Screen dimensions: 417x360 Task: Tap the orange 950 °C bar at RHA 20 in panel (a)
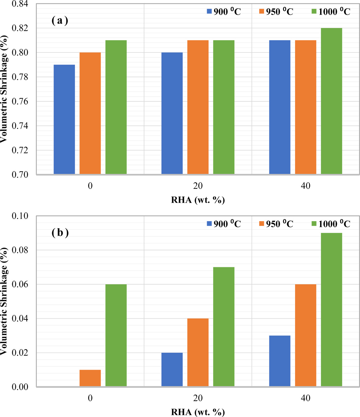click(x=198, y=107)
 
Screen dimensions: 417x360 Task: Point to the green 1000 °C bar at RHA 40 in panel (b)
click(x=331, y=310)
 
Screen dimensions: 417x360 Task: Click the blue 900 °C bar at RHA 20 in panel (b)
click(x=172, y=370)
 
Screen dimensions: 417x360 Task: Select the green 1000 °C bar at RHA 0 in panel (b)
click(x=116, y=335)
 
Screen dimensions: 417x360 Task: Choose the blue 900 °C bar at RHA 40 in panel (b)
click(x=280, y=361)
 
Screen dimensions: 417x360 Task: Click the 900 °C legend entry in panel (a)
click(x=224, y=12)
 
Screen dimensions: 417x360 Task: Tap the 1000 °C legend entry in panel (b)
click(x=331, y=224)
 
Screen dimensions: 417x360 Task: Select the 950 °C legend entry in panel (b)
click(x=276, y=224)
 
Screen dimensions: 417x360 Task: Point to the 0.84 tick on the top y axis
click(x=20, y=4)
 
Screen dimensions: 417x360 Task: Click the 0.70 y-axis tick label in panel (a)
click(x=20, y=175)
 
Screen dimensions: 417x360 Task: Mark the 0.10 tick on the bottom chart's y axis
click(x=20, y=216)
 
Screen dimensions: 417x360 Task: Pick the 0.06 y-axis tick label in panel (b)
click(x=20, y=284)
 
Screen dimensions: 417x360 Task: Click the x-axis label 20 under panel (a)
click(x=198, y=186)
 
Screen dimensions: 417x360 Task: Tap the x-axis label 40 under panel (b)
click(x=306, y=398)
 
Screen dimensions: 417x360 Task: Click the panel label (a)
click(x=60, y=21)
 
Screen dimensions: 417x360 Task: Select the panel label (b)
click(x=60, y=233)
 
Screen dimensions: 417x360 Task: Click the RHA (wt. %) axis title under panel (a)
click(x=198, y=200)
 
